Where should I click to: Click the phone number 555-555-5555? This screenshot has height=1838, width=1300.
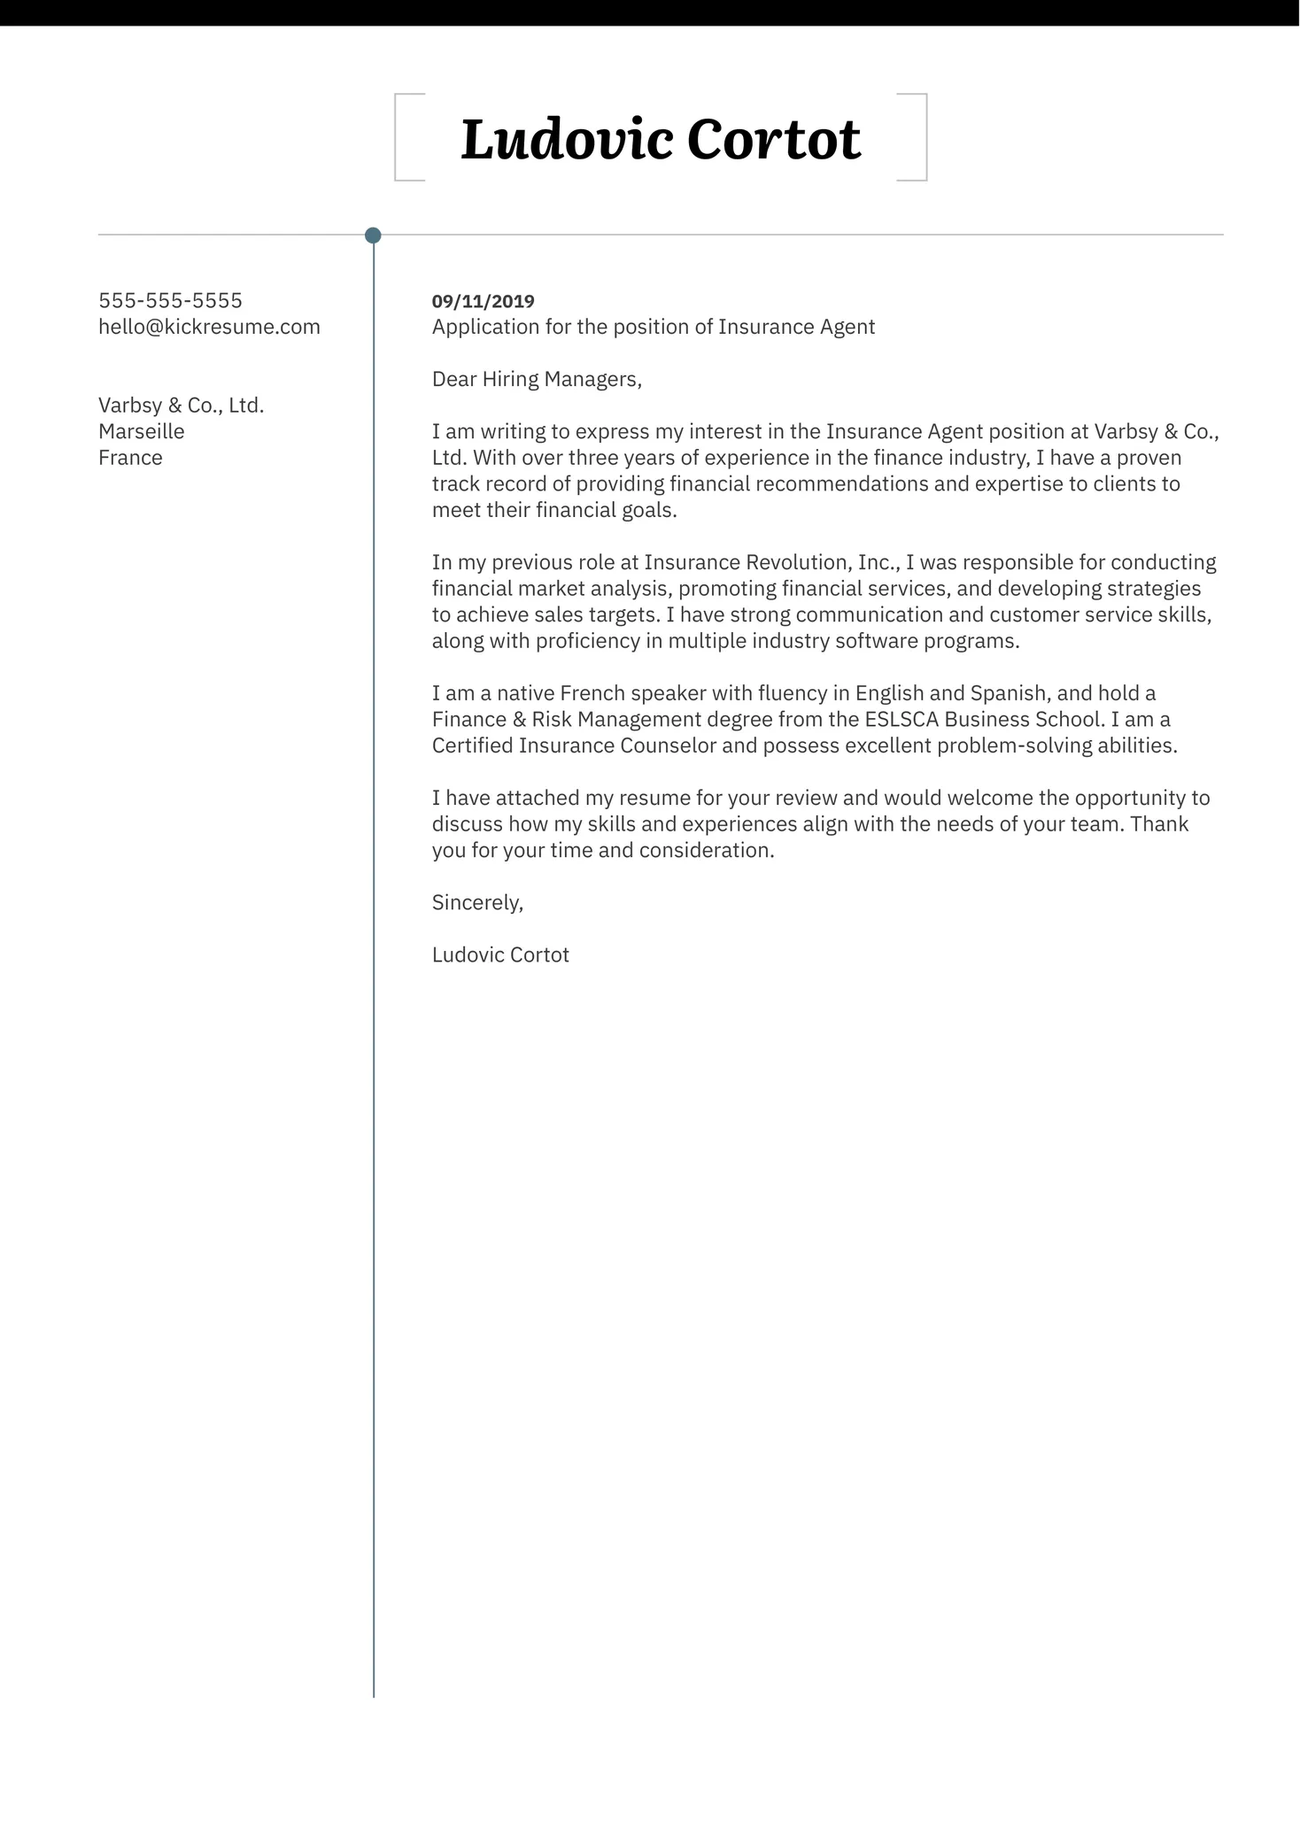170,301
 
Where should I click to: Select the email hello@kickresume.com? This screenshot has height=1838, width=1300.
209,328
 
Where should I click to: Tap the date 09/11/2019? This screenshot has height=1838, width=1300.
483,302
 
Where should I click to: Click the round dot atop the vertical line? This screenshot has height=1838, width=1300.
373,236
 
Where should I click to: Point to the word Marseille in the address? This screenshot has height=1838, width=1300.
142,432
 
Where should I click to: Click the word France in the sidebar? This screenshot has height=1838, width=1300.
130,458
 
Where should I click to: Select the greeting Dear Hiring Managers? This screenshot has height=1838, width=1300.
536,380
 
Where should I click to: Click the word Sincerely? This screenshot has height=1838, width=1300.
477,903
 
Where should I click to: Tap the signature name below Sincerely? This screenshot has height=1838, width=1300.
500,955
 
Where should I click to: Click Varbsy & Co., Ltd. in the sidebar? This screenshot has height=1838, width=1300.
182,405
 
